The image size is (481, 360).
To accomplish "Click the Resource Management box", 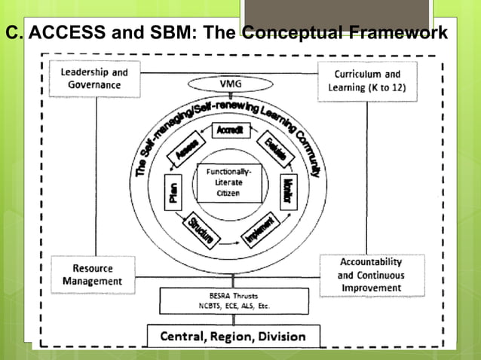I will [93, 275].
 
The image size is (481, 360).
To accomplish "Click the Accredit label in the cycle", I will [229, 130].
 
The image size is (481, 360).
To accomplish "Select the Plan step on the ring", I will [170, 194].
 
